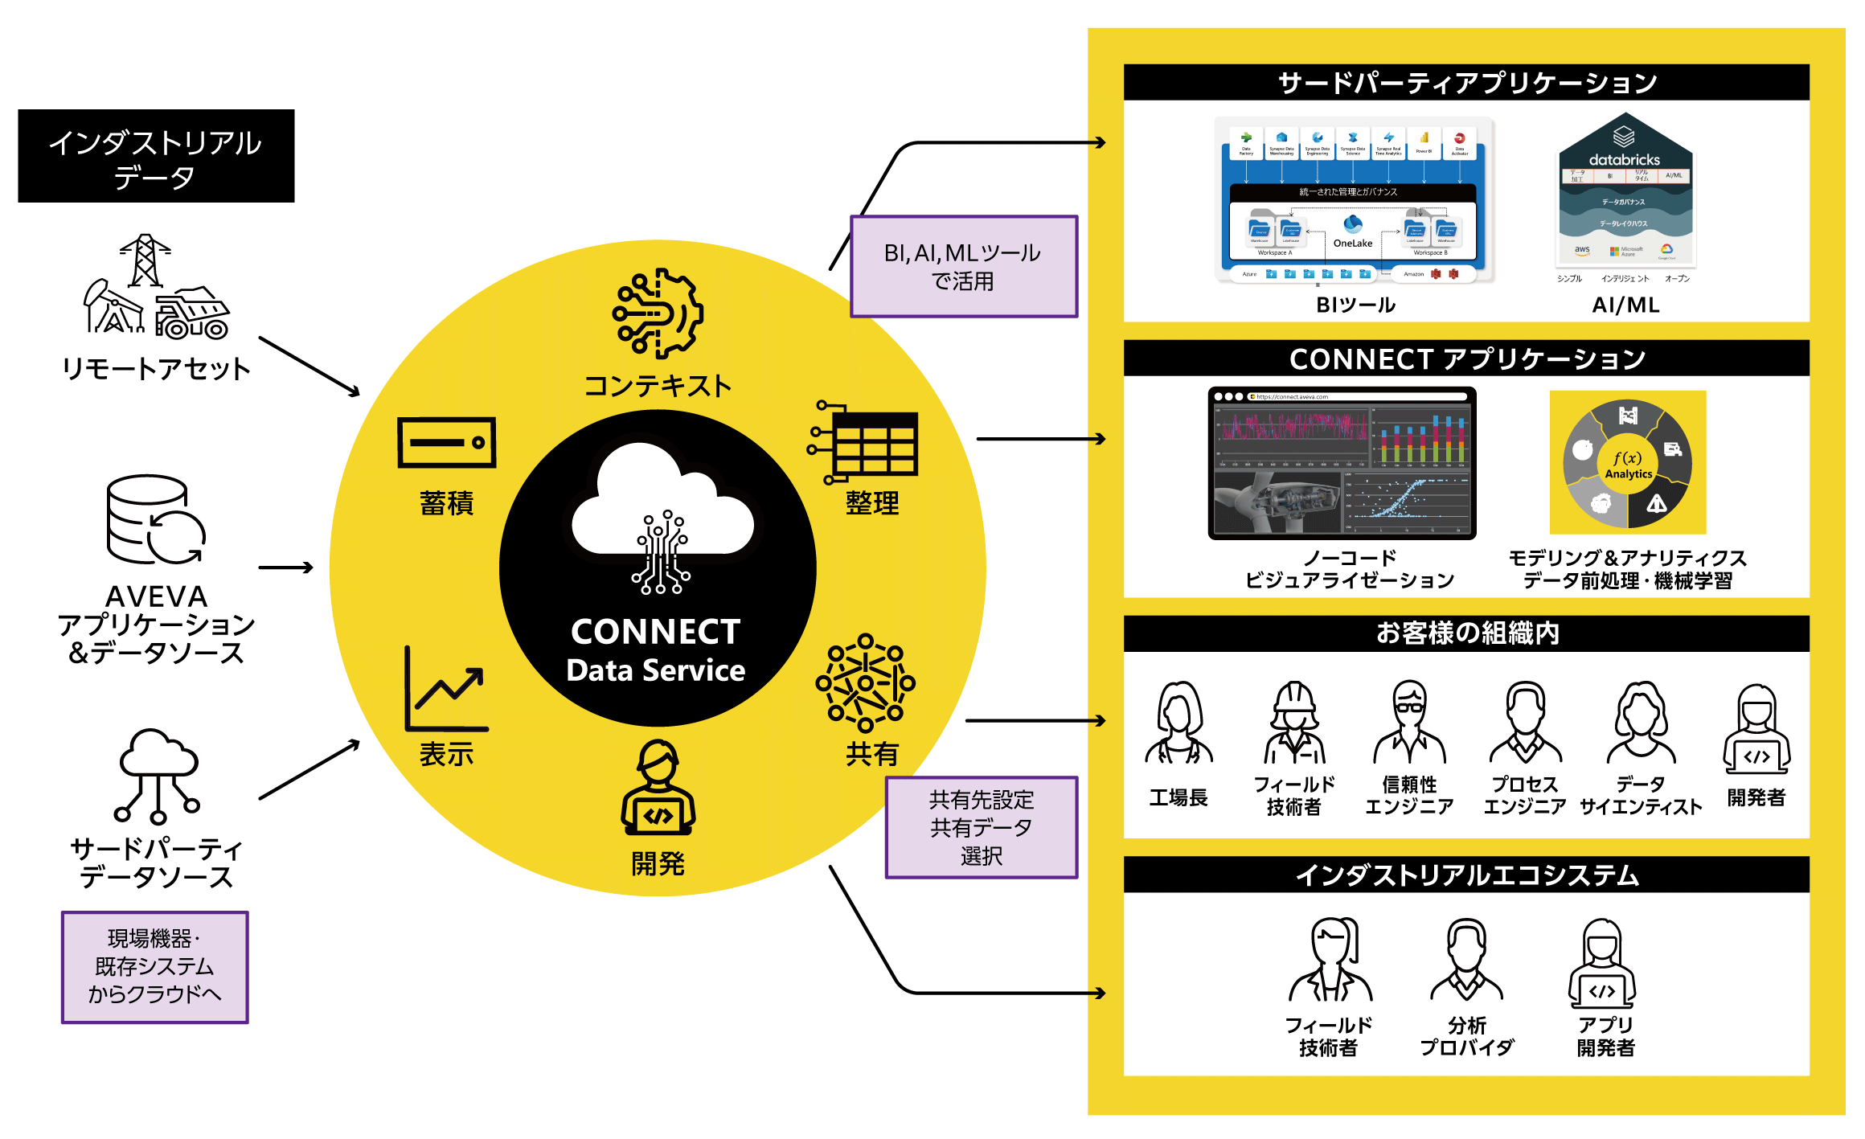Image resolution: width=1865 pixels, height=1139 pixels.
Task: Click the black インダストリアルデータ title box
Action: coord(156,156)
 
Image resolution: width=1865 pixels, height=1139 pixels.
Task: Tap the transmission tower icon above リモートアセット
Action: coord(145,259)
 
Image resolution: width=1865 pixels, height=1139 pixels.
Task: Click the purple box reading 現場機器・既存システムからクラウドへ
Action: coord(155,967)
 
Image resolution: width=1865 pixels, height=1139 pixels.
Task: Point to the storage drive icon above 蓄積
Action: coord(447,442)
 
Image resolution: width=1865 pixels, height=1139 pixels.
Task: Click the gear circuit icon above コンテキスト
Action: coord(658,313)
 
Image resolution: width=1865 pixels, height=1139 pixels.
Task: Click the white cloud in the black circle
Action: coord(662,506)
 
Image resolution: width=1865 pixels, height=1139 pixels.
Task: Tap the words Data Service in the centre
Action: coord(656,670)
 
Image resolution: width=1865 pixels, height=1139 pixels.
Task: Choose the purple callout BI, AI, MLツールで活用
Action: coord(964,267)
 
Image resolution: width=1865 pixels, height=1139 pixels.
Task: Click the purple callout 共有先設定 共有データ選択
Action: coord(982,827)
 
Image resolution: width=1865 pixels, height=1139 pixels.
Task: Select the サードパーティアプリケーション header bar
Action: coord(1466,83)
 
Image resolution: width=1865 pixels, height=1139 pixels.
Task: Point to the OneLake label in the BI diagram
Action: coord(1353,243)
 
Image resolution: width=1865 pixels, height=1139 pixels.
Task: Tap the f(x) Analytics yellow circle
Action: coord(1628,463)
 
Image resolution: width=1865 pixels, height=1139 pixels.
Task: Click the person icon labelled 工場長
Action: coord(1178,723)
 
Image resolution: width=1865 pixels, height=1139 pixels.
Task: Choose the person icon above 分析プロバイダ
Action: coord(1467,961)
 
